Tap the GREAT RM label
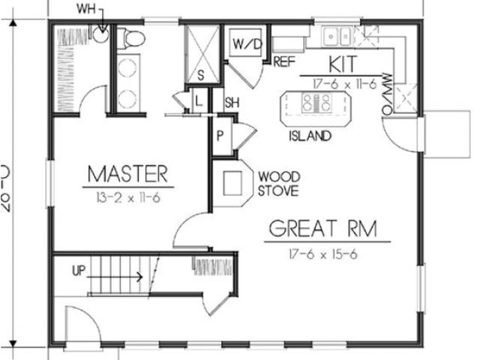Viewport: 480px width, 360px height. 320,228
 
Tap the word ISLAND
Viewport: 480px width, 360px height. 309,136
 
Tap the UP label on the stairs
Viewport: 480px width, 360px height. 79,268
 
